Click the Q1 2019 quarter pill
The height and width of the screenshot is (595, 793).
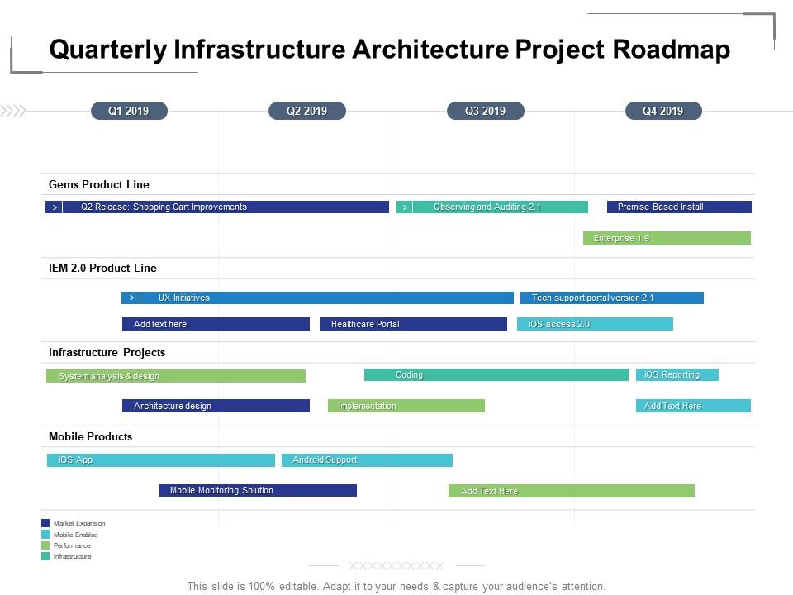(129, 111)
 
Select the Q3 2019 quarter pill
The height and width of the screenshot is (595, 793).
(485, 111)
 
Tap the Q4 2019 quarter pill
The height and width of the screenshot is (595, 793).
(662, 111)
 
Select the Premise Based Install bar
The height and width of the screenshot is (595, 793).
(679, 207)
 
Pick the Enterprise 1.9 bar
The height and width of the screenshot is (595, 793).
(667, 238)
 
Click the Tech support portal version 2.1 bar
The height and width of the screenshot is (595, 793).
(611, 297)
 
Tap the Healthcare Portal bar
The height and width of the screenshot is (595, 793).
(413, 324)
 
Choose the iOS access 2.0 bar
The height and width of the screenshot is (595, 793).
(595, 324)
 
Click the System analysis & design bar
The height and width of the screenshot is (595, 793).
(175, 376)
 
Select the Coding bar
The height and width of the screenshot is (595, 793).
(496, 374)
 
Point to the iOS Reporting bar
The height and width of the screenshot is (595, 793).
(677, 374)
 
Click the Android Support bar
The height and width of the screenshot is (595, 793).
(367, 460)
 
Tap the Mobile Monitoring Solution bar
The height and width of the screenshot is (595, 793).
(257, 490)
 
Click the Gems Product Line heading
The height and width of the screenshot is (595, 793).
(99, 184)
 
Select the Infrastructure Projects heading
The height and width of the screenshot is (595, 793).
(107, 352)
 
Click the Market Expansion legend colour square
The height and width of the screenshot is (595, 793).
(45, 523)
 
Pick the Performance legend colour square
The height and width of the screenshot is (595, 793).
(45, 545)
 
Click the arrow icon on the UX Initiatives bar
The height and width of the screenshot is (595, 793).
(131, 297)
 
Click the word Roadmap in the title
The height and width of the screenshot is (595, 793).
(672, 50)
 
